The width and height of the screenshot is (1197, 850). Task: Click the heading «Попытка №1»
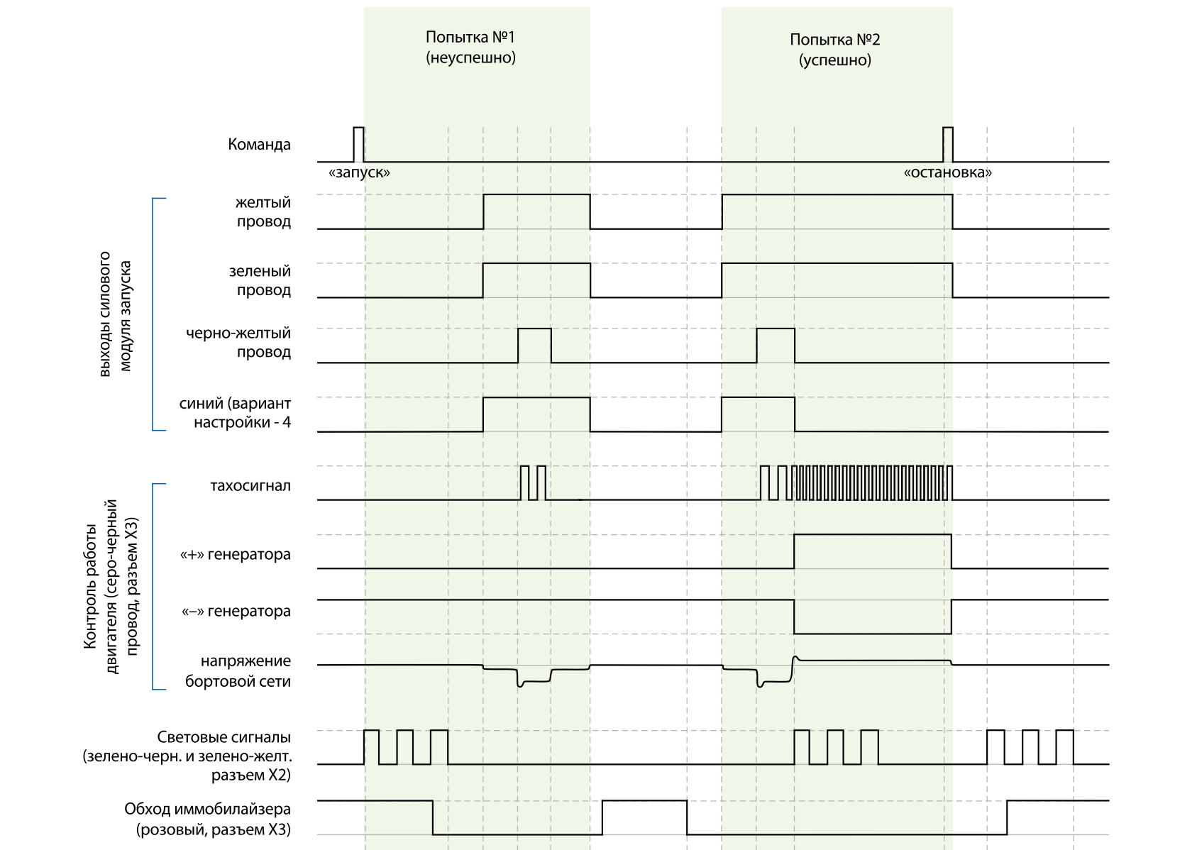click(x=470, y=37)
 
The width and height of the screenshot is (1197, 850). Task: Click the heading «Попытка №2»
click(x=835, y=40)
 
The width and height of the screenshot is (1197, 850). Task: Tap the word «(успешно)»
click(x=835, y=60)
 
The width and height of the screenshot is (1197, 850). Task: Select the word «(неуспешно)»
click(x=470, y=57)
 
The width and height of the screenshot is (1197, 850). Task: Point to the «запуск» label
click(x=360, y=172)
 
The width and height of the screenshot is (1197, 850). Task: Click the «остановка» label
click(x=948, y=172)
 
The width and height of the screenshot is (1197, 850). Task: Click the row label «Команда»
click(x=259, y=145)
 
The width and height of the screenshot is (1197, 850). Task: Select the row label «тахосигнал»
click(x=250, y=487)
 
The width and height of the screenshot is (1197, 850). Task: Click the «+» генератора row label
click(x=236, y=555)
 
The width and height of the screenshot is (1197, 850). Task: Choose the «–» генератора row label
click(x=236, y=612)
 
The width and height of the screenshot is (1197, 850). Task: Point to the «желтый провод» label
click(x=263, y=212)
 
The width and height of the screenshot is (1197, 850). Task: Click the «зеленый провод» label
click(x=260, y=281)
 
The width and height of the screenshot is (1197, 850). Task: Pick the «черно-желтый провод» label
click(x=238, y=343)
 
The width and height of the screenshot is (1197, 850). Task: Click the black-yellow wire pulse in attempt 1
click(x=535, y=345)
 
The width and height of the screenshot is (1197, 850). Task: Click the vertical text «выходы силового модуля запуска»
click(x=115, y=313)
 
